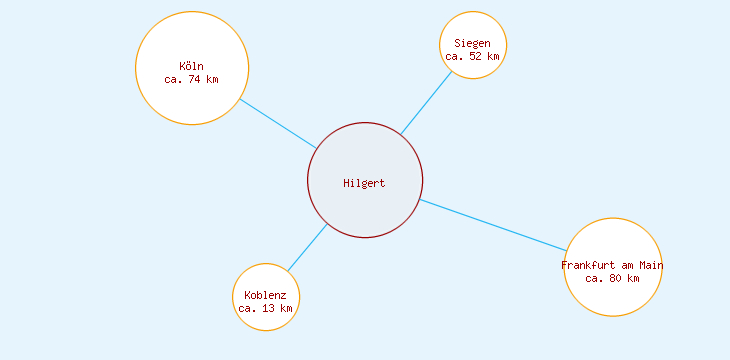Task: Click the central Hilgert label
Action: tap(364, 183)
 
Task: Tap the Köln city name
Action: tap(191, 67)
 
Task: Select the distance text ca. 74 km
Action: tap(191, 80)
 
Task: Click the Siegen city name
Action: tap(472, 43)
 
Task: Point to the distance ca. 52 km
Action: tap(472, 57)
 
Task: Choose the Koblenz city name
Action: tap(265, 295)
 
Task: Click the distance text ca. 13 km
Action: tap(265, 309)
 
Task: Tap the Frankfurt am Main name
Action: tap(612, 265)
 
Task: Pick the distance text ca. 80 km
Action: tap(612, 278)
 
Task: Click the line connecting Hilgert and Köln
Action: tap(278, 123)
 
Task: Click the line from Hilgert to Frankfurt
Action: tap(492, 225)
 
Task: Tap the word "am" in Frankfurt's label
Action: tap(627, 265)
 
